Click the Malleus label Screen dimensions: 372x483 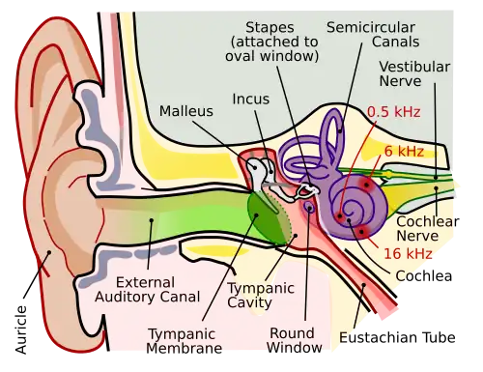coord(185,111)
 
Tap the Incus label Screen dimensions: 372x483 coord(251,99)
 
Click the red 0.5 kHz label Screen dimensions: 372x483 coord(391,110)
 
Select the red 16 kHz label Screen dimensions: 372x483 coord(406,253)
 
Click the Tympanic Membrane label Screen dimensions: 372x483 coord(185,341)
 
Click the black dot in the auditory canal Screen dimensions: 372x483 coord(151,220)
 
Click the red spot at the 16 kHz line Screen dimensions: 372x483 coord(360,232)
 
